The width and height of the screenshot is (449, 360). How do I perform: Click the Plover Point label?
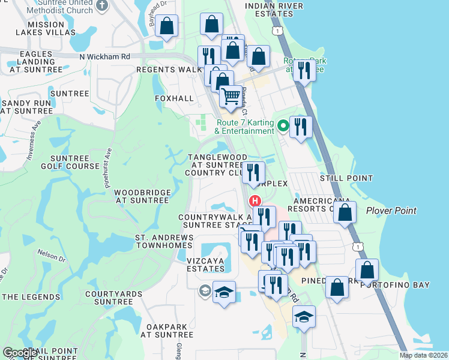(x=391, y=211)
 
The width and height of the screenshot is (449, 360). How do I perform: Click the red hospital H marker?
(x=255, y=200)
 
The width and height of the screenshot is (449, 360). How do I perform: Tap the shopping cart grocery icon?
(x=231, y=95)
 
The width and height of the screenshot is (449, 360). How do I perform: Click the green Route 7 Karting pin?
(x=283, y=127)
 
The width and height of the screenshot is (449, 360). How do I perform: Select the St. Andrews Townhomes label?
(x=164, y=242)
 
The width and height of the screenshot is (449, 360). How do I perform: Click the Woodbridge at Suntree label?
(x=143, y=196)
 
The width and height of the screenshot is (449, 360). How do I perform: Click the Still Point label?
(x=346, y=178)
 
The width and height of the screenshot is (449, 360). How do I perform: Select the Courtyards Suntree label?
(x=113, y=298)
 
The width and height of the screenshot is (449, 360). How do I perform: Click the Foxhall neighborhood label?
(x=174, y=98)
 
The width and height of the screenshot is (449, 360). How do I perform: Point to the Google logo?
(x=20, y=353)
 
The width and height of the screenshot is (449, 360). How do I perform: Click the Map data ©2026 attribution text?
(x=423, y=355)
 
